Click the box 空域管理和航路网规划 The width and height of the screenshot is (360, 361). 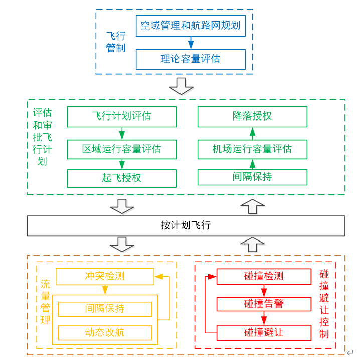(191, 26)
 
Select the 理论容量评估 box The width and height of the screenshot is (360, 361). (191, 59)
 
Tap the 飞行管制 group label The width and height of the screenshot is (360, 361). (116, 42)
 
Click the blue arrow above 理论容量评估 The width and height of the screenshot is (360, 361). (191, 43)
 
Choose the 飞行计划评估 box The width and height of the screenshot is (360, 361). (122, 116)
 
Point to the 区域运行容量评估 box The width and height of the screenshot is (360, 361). (122, 149)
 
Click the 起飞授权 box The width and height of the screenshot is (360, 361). (122, 178)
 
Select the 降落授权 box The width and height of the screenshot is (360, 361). (252, 116)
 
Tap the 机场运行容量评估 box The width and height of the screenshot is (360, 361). (252, 149)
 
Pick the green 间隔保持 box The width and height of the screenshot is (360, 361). (252, 177)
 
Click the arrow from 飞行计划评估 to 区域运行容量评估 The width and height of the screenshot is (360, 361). (122, 133)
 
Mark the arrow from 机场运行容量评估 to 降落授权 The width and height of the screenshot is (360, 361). (252, 133)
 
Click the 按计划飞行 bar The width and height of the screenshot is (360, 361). (186, 225)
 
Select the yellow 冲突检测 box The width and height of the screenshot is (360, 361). (105, 277)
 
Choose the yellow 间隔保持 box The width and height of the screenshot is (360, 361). (105, 309)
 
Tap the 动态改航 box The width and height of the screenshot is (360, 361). (105, 333)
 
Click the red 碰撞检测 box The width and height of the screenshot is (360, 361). (264, 277)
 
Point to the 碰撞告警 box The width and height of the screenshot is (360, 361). (264, 304)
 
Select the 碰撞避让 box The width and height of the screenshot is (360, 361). (264, 333)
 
